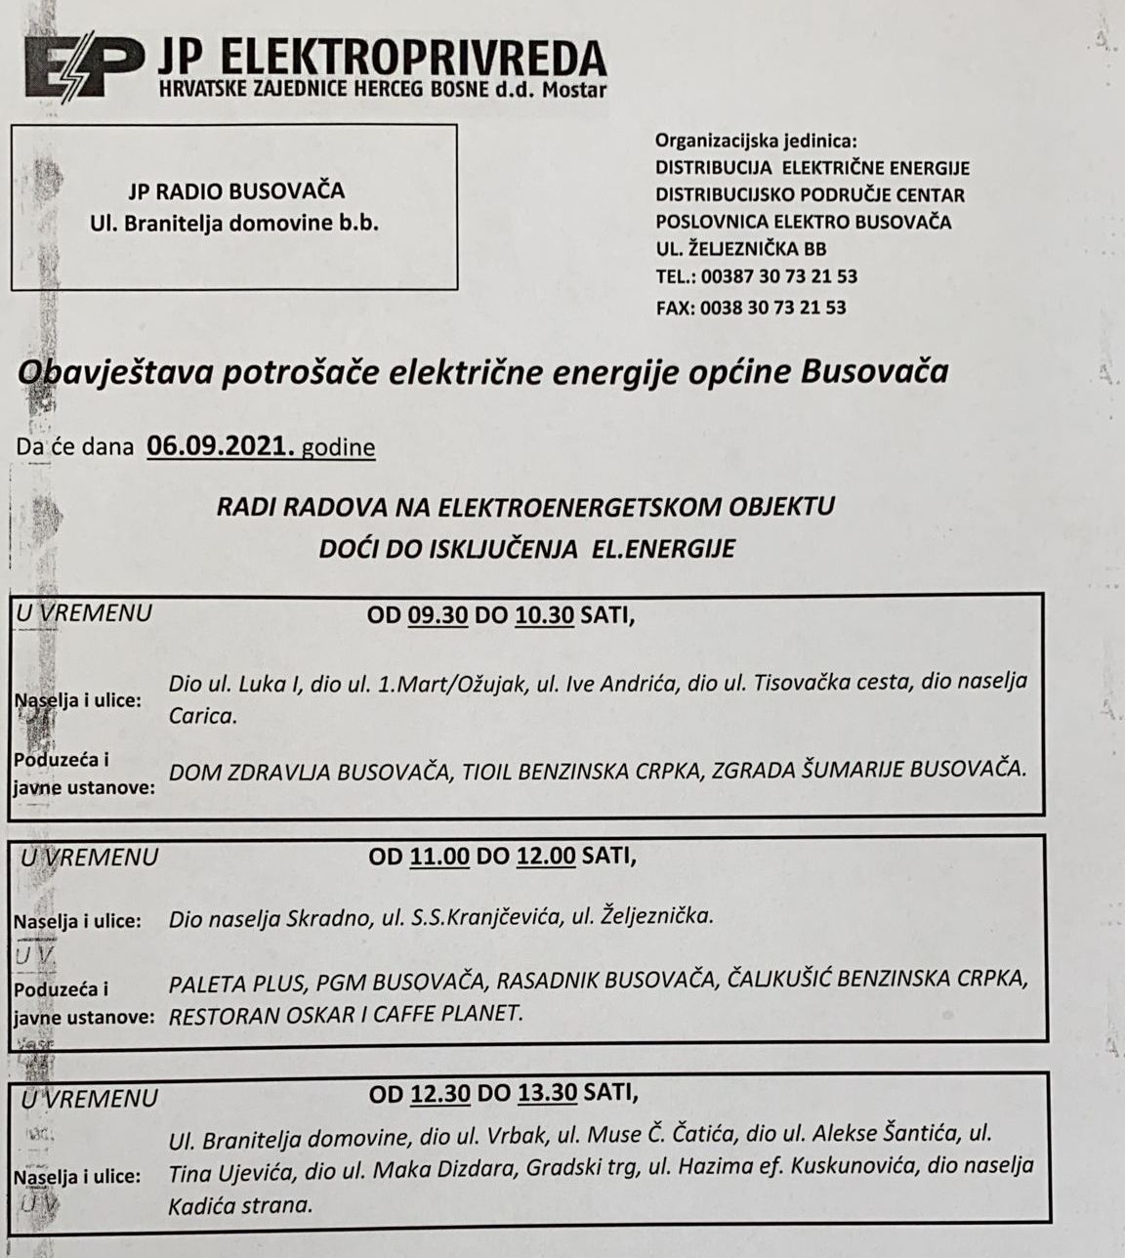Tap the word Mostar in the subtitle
[576, 91]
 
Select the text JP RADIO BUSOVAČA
[234, 191]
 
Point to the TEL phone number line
[756, 276]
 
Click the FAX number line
[750, 308]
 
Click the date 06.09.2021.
[221, 446]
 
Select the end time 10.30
[544, 616]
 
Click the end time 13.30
[547, 1092]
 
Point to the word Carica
[202, 715]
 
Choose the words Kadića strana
[240, 1205]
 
